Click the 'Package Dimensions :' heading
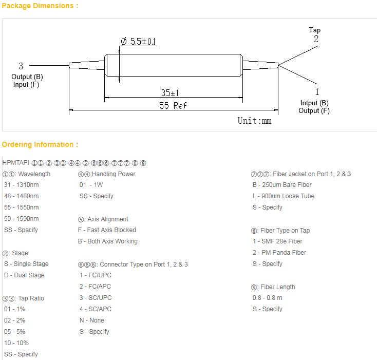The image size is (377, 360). click(40, 6)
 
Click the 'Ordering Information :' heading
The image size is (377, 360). click(40, 144)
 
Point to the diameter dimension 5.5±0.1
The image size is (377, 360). click(139, 41)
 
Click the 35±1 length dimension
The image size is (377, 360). click(170, 93)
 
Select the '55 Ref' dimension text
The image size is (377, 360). click(173, 105)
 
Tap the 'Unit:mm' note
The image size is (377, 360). click(255, 121)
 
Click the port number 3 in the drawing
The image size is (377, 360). click(21, 66)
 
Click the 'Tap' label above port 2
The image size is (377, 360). click(315, 30)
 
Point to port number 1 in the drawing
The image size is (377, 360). click(317, 92)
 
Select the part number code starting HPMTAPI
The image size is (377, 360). click(74, 163)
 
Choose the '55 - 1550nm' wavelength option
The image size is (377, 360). click(22, 207)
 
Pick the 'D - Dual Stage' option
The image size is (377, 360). click(24, 275)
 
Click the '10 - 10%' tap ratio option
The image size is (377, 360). click(16, 343)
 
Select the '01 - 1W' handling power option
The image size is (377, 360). click(91, 185)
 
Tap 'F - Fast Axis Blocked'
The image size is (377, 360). click(107, 230)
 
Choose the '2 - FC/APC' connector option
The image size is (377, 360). click(95, 287)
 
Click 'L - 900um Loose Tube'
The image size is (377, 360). click(284, 196)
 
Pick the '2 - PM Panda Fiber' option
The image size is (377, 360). click(279, 253)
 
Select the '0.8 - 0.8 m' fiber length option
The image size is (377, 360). click(268, 298)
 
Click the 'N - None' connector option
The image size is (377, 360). click(92, 320)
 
